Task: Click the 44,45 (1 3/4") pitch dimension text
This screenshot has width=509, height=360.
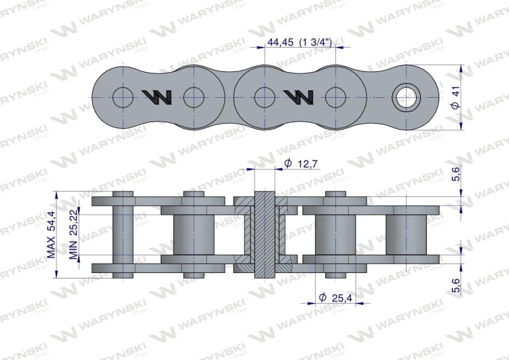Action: pos(299,42)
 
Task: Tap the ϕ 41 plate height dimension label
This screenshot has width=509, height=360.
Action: pos(456,98)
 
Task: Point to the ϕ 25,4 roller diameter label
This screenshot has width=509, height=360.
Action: pos(336,298)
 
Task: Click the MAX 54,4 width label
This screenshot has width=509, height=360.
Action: pos(51,234)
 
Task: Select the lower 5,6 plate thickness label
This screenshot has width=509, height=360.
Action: pos(457,285)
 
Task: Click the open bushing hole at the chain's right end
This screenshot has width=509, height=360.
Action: pos(406,98)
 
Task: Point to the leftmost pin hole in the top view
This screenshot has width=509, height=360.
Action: pos(123,97)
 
